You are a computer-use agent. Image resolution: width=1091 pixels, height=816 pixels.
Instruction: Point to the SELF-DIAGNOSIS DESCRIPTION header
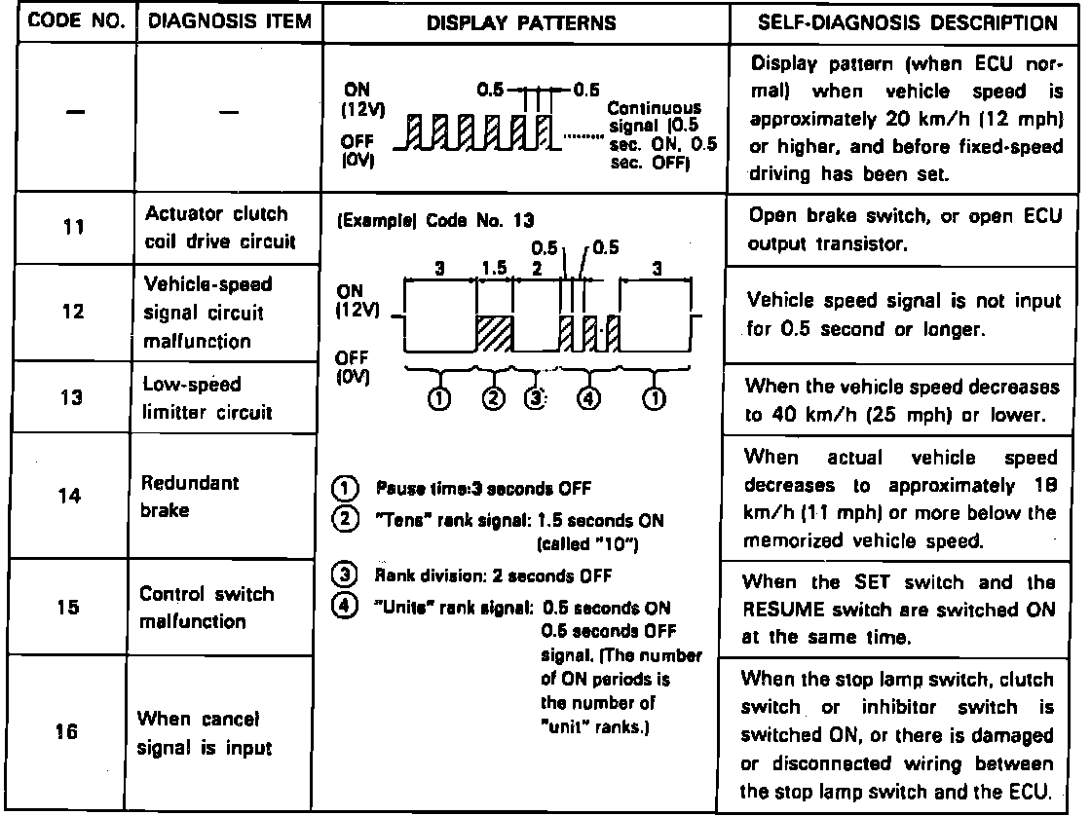click(x=906, y=22)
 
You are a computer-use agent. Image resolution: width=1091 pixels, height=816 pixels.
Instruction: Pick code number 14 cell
click(x=67, y=495)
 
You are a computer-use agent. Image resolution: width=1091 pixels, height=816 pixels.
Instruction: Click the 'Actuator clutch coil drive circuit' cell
click(x=216, y=228)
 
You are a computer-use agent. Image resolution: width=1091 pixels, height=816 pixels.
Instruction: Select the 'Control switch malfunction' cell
click(x=207, y=607)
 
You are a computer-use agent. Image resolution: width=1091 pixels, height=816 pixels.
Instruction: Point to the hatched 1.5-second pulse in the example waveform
click(x=495, y=333)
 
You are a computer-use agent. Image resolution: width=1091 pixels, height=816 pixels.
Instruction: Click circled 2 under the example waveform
click(x=495, y=397)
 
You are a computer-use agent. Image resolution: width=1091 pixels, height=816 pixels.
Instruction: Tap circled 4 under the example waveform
click(x=588, y=397)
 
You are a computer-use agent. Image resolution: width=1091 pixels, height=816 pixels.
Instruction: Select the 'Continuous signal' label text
click(x=660, y=127)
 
